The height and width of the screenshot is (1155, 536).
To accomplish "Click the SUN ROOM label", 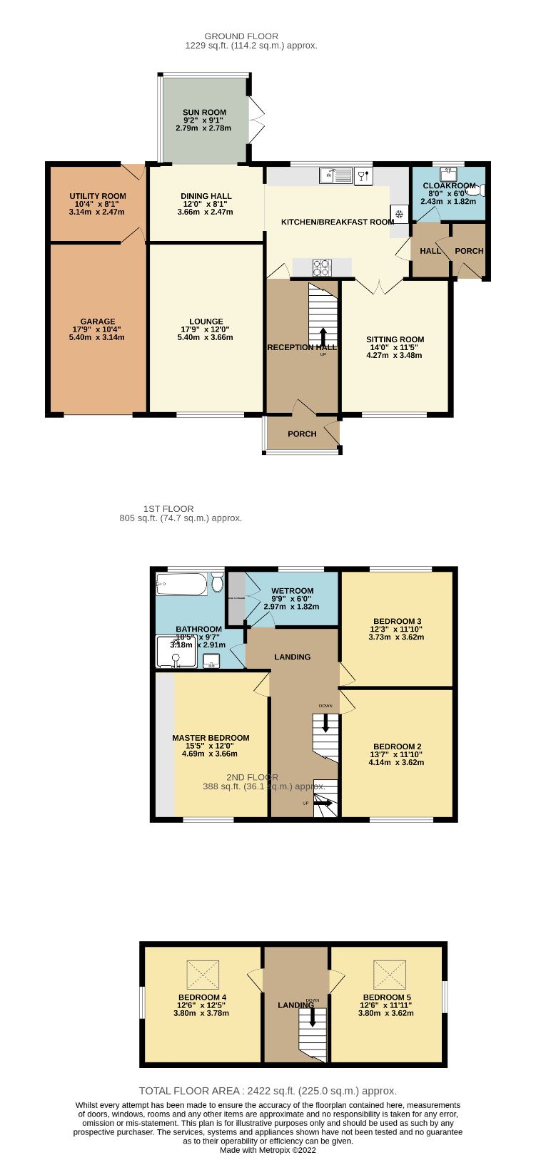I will [x=204, y=112].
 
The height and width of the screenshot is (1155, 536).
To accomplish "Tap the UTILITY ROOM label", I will [x=98, y=196].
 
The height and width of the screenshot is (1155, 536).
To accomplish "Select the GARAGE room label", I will [x=98, y=322].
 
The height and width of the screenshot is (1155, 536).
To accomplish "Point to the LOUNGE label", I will [x=206, y=322].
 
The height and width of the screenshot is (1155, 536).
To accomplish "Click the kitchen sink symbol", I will [x=335, y=174].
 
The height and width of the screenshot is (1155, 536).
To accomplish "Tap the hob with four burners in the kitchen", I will [x=322, y=267].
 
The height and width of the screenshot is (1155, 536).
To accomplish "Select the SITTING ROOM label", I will [x=395, y=339].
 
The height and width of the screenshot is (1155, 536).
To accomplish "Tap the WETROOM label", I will [x=293, y=591].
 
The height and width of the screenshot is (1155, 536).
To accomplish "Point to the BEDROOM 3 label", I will [x=397, y=621].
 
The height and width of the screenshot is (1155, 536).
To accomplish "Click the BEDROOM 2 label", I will [x=397, y=746].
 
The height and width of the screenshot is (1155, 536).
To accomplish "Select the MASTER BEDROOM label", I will [x=211, y=738].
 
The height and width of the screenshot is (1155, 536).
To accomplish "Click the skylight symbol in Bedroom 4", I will [x=203, y=975].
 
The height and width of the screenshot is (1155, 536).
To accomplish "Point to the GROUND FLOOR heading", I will [x=241, y=36].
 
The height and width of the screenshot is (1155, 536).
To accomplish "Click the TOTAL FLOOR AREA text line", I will [x=268, y=1091].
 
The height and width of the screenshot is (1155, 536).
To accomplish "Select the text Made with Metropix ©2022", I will [x=268, y=1150].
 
